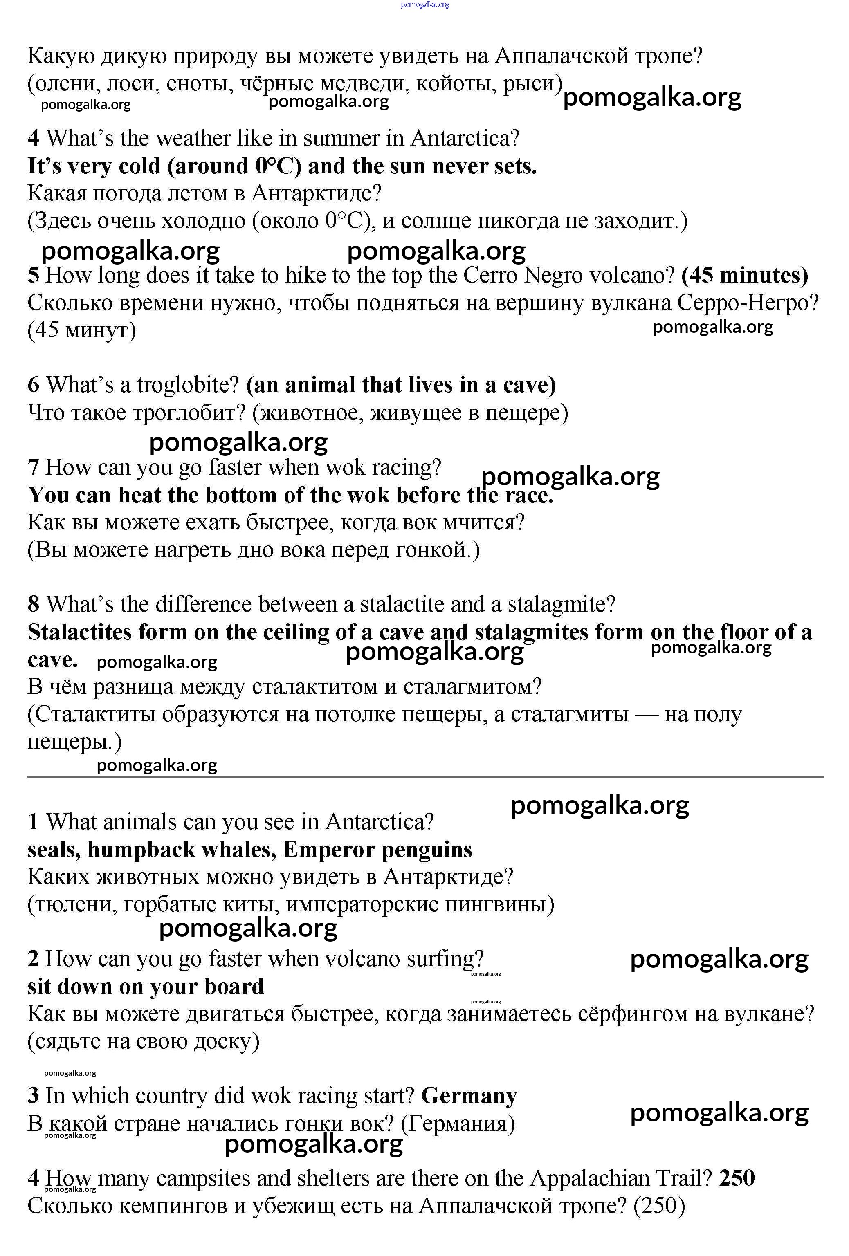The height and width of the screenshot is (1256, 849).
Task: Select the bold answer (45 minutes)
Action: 745,275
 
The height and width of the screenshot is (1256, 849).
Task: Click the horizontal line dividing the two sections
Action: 425,777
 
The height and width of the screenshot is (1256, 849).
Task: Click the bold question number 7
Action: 34,467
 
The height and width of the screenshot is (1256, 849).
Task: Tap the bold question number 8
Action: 34,604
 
